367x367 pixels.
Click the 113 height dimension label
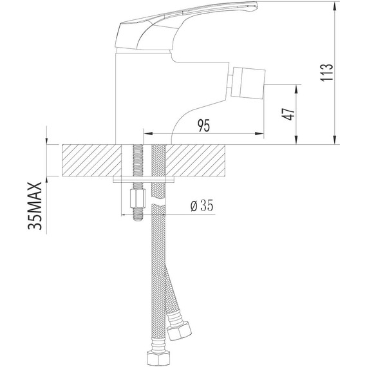[x=326, y=72]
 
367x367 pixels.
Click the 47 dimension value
[x=289, y=114]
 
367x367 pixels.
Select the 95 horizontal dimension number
[x=204, y=126]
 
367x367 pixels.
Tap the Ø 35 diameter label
[x=202, y=206]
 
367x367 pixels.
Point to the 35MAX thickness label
[x=35, y=206]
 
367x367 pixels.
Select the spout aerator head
[x=248, y=83]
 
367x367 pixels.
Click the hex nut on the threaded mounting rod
[x=138, y=199]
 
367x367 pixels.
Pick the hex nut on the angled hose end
[x=179, y=330]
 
